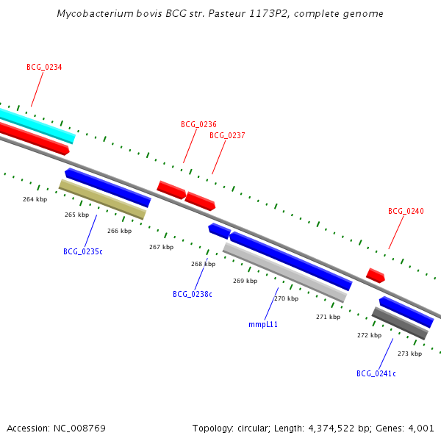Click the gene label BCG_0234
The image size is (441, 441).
point(44,67)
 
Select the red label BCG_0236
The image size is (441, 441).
point(198,124)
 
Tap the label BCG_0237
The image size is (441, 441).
point(227,135)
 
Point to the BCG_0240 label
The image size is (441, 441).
point(406,211)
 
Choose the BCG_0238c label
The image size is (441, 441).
point(193,294)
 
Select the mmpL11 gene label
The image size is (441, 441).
point(263,323)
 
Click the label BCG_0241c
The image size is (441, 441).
point(376,373)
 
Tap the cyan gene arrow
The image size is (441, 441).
point(37,123)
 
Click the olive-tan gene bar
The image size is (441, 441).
point(102,199)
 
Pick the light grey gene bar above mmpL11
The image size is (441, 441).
point(284,272)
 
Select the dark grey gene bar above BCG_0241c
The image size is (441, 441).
point(400,323)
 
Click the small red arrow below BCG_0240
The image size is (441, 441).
point(376,276)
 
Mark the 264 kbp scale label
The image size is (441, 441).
point(35,199)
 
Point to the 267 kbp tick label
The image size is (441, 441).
point(161,247)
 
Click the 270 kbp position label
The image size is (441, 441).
point(287,298)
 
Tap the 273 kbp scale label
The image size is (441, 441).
point(409,354)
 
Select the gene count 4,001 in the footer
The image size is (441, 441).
point(420,428)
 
